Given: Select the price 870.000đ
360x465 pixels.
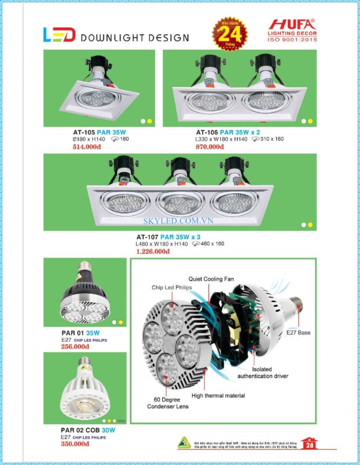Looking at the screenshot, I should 210,147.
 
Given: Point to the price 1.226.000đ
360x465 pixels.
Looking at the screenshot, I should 153,252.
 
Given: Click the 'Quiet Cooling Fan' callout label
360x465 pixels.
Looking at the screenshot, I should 211,279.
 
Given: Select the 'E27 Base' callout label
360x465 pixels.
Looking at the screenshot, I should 299,332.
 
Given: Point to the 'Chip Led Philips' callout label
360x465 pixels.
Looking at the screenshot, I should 171,287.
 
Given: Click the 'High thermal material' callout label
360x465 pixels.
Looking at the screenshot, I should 218,396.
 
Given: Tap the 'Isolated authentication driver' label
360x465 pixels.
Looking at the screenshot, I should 262,372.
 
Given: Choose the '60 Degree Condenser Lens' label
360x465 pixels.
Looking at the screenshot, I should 168,403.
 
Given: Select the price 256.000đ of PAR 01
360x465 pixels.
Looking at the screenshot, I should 75,346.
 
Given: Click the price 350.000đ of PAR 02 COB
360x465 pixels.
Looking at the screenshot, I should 75,444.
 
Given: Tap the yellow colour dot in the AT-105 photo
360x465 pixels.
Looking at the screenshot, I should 150,121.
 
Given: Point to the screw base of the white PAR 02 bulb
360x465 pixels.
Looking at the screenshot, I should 84,361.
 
